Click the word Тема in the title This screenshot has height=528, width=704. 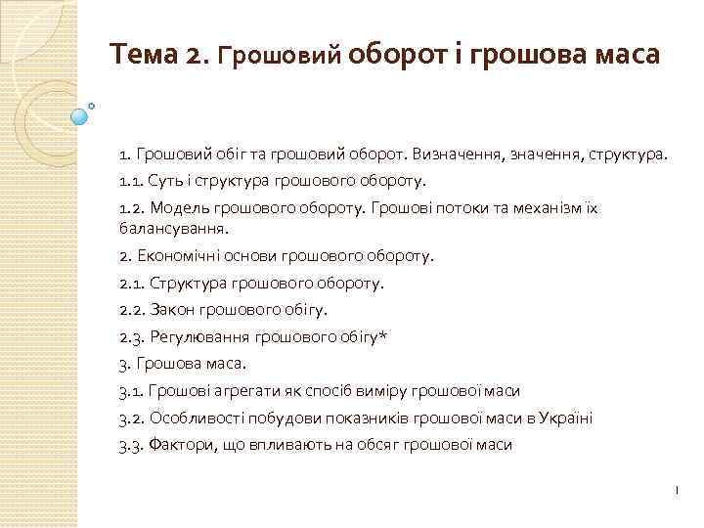click(143, 53)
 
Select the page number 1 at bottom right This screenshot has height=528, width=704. click(676, 489)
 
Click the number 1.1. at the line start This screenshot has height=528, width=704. click(131, 181)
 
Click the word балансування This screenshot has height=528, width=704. click(170, 229)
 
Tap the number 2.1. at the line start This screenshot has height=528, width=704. click(132, 283)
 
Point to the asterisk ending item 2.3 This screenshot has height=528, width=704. click(383, 335)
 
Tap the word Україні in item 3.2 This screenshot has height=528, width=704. click(565, 418)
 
